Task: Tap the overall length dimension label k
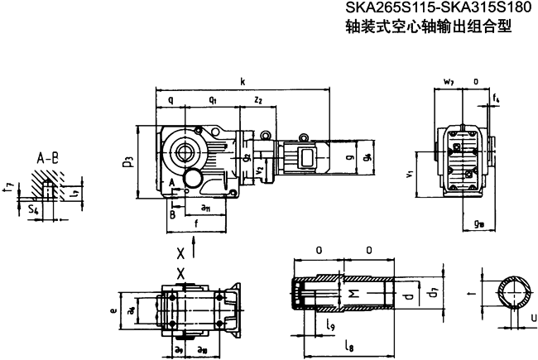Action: (x=243, y=82)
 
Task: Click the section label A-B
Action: (x=46, y=156)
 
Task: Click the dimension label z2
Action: (x=258, y=99)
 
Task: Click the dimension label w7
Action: (x=448, y=82)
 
